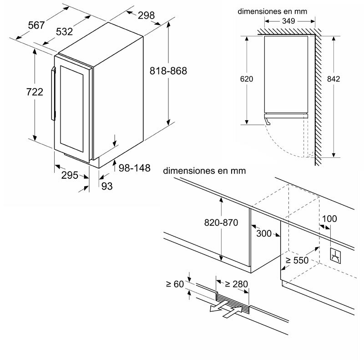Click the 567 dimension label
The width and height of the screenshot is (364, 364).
pyautogui.click(x=36, y=25)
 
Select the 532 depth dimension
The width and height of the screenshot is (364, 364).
pyautogui.click(x=65, y=32)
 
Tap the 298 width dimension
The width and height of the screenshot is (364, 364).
pyautogui.click(x=146, y=16)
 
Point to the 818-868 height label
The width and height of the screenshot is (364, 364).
pyautogui.click(x=168, y=71)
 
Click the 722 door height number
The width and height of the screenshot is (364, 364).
pyautogui.click(x=35, y=92)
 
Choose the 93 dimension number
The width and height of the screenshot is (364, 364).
pyautogui.click(x=106, y=186)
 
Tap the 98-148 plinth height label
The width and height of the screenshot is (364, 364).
pyautogui.click(x=134, y=168)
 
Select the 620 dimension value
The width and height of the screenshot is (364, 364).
pyautogui.click(x=246, y=79)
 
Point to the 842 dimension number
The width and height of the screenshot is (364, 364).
pyautogui.click(x=334, y=79)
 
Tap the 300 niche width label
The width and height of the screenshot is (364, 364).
pyautogui.click(x=264, y=234)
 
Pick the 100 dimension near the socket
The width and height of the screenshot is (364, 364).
pyautogui.click(x=329, y=219)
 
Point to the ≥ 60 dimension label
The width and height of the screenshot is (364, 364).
pyautogui.click(x=175, y=284)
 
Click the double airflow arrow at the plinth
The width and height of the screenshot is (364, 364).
pyautogui.click(x=226, y=309)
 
